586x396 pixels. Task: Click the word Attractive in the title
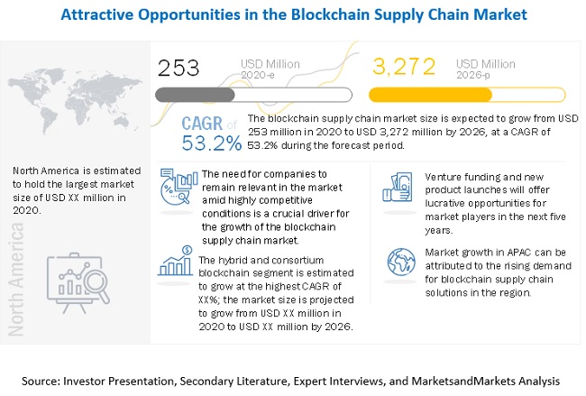point(101,15)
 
